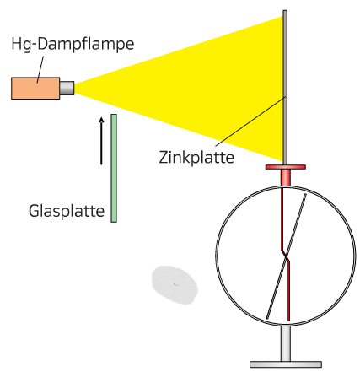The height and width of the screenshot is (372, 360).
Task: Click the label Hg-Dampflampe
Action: [73, 45]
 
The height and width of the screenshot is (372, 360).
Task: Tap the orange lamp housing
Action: [35, 89]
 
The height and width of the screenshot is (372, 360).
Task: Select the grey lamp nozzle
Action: [67, 88]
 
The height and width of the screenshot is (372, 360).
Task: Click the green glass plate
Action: [114, 168]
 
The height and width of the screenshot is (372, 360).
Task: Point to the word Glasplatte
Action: [67, 211]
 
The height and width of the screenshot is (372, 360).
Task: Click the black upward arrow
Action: [101, 141]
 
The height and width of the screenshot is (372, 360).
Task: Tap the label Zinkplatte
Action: [196, 158]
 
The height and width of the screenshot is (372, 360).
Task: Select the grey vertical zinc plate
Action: [285, 88]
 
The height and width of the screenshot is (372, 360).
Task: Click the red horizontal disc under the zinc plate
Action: [286, 167]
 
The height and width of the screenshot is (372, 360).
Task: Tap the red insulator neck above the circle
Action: [286, 177]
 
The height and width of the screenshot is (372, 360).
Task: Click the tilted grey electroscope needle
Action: [287, 256]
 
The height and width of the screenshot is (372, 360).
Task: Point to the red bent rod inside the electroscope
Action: [286, 255]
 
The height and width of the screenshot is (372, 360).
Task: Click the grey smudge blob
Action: [175, 285]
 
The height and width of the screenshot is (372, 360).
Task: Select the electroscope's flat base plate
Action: [286, 364]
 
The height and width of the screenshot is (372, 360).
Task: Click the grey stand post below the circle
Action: [286, 343]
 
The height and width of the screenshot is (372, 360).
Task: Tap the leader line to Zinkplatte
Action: [250, 121]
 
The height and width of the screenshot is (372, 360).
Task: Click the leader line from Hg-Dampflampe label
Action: [40, 69]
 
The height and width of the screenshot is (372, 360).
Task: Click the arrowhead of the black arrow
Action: [101, 120]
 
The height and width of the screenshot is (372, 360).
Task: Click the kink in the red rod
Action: [285, 256]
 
